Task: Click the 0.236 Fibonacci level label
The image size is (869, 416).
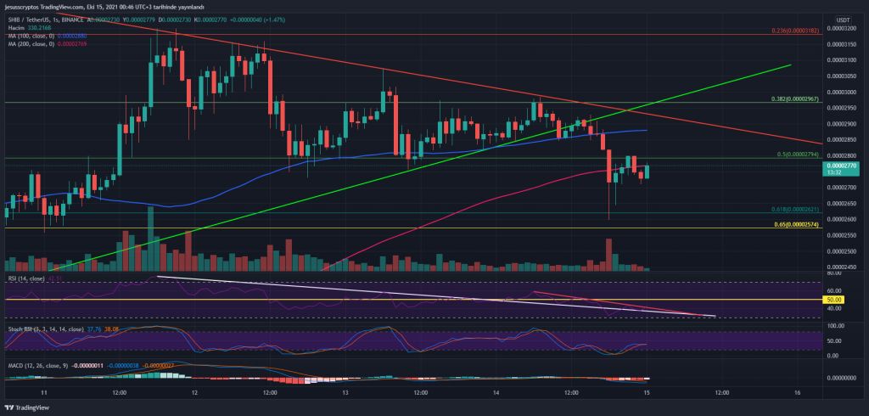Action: tap(794, 31)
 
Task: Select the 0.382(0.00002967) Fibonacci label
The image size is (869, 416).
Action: tap(794, 98)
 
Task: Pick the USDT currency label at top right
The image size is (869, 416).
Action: tap(843, 19)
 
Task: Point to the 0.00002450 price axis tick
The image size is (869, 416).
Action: tap(843, 267)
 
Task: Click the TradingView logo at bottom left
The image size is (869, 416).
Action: tap(28, 407)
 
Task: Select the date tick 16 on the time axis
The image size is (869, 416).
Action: tap(798, 393)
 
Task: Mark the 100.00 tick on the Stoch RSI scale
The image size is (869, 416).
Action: tap(836, 325)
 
